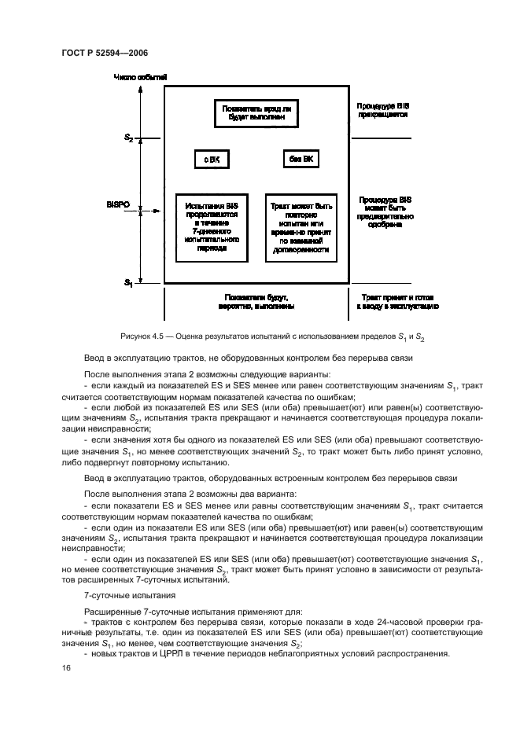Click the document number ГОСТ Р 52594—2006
(x=104, y=53)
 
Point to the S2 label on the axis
(x=128, y=138)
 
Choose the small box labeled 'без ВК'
(x=301, y=160)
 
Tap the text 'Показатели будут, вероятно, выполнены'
(x=256, y=303)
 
